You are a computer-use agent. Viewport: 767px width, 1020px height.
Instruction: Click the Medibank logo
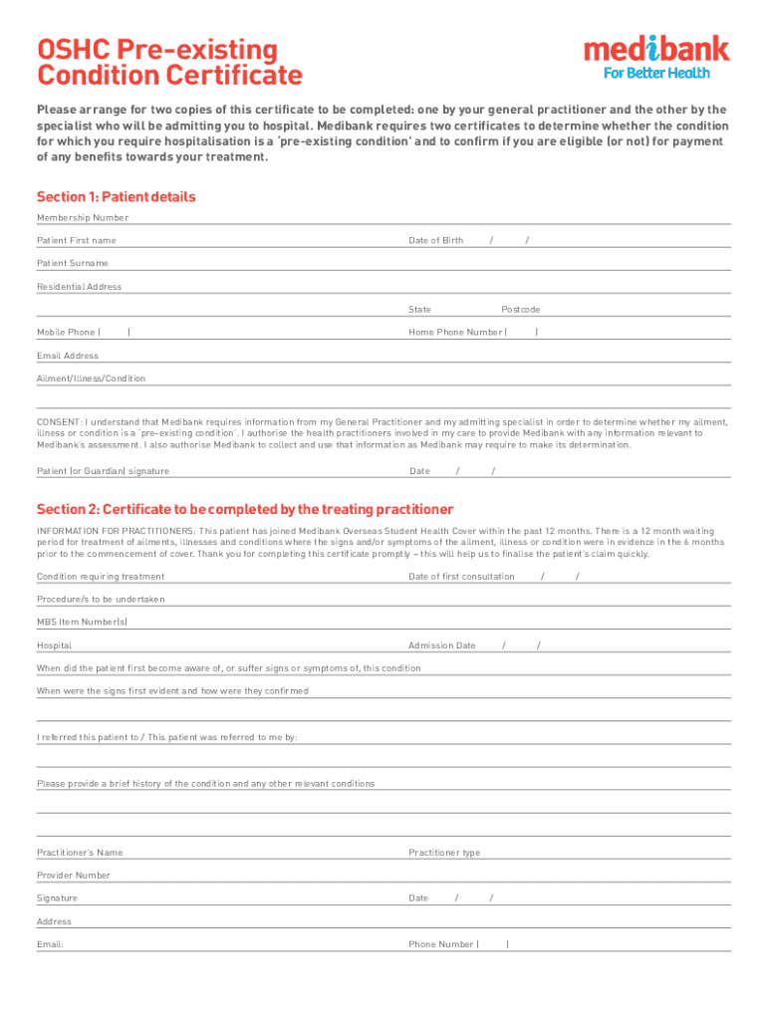click(655, 50)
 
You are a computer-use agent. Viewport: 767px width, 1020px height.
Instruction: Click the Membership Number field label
click(83, 218)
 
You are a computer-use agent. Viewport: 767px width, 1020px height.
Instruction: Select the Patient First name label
click(77, 241)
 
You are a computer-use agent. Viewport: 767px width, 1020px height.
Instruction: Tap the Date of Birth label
click(435, 241)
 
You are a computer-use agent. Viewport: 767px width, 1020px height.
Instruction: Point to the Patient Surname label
click(73, 263)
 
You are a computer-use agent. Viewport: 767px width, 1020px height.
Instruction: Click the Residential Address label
click(80, 287)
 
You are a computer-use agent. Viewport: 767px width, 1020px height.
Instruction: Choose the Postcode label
click(520, 310)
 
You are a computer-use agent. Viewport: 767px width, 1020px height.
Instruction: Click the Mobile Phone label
click(67, 333)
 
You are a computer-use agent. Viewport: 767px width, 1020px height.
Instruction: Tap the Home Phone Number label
click(455, 333)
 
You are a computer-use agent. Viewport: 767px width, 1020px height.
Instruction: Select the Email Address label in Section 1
click(68, 356)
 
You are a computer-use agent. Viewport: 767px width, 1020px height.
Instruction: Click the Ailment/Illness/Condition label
click(91, 379)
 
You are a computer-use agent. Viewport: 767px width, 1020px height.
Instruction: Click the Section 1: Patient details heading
click(116, 196)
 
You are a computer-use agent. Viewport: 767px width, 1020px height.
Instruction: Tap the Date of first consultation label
click(461, 577)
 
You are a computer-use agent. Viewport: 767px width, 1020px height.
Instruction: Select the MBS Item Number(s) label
click(82, 623)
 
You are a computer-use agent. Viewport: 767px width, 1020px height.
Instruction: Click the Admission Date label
click(441, 645)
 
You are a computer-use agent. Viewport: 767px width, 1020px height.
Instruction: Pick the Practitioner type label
click(444, 853)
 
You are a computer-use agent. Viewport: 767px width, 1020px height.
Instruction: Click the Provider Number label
click(74, 876)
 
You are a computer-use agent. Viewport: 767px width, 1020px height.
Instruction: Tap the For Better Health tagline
click(657, 73)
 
